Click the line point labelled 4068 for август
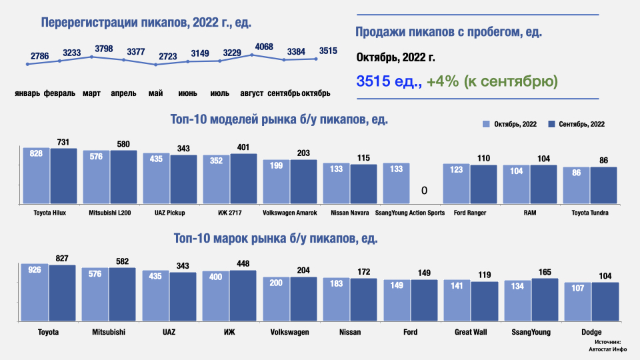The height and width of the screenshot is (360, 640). coord(252,55)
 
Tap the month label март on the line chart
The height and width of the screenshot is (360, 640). coord(91,93)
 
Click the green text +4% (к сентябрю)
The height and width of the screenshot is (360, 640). coord(493,81)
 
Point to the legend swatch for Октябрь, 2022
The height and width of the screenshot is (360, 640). coord(486,125)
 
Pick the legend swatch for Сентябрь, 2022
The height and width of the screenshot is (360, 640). coord(551,125)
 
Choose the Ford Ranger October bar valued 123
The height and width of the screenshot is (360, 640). coord(456,184)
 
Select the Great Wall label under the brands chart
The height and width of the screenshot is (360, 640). coord(471,331)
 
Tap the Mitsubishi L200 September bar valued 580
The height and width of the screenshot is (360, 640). coord(124,177)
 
